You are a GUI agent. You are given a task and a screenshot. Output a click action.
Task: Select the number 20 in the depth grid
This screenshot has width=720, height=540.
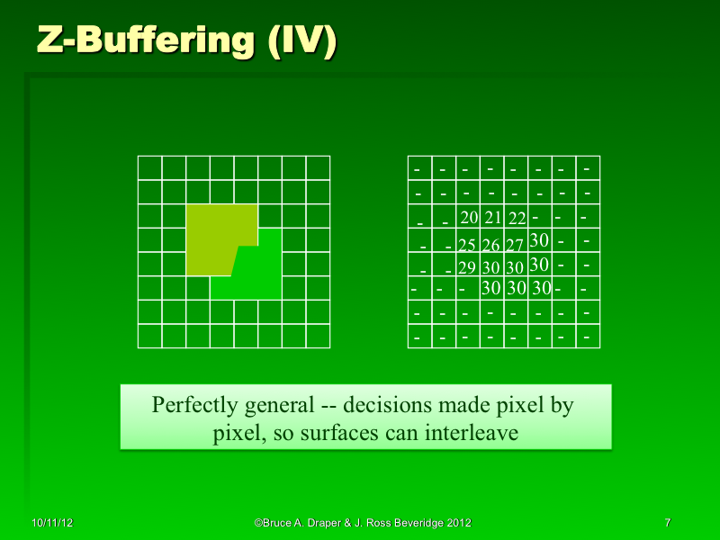point(468,218)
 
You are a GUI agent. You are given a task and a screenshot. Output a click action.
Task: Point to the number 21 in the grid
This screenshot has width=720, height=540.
point(492,218)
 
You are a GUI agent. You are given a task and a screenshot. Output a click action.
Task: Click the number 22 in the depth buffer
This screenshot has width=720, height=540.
point(517,218)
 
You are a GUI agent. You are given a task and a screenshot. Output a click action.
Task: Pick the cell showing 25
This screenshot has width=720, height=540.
point(466,245)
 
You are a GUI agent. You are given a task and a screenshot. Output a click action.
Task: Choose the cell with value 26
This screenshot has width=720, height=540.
point(490,245)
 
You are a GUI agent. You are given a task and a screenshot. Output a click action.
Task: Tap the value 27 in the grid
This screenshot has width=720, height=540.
point(515,245)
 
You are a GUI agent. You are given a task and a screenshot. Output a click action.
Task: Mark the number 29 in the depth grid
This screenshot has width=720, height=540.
point(466,267)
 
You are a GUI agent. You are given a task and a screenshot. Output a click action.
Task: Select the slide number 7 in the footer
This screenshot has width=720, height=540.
point(667,522)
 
